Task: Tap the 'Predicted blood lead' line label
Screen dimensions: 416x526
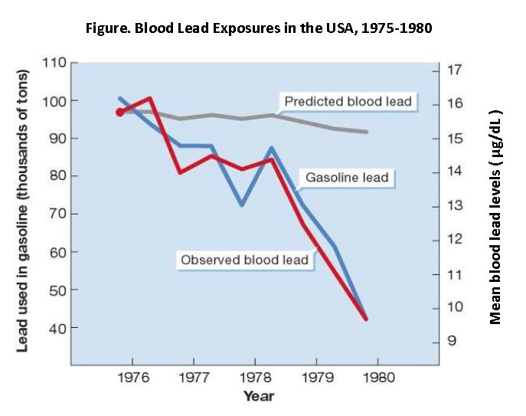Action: [x=348, y=101]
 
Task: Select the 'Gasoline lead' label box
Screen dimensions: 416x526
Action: [x=347, y=178]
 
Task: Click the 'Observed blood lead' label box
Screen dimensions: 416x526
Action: [x=244, y=260]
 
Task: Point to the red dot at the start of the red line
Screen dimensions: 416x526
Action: [x=120, y=112]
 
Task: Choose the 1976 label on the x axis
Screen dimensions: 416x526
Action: [x=132, y=378]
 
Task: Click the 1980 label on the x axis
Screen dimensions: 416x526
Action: [x=378, y=378]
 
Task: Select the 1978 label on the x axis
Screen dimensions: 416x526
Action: [x=255, y=378]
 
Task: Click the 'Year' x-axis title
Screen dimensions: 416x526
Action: [x=258, y=396]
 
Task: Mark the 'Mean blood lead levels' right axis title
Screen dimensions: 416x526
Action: [x=495, y=217]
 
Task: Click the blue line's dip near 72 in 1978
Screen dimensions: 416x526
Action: [x=242, y=205]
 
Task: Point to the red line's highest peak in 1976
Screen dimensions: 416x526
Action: [x=150, y=98]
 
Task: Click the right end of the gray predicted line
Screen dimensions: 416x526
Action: [x=367, y=132]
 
